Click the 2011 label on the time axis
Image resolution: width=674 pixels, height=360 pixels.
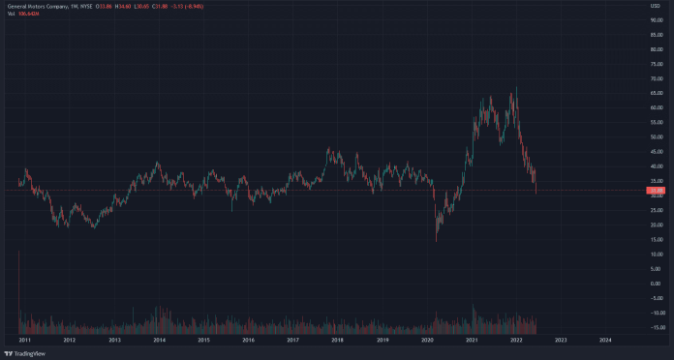24,341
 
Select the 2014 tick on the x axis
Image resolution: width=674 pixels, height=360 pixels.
159,341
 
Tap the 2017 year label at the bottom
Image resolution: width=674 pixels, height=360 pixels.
292,341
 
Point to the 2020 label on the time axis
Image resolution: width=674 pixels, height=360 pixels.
427,341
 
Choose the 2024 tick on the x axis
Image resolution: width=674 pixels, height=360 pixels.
605,341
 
